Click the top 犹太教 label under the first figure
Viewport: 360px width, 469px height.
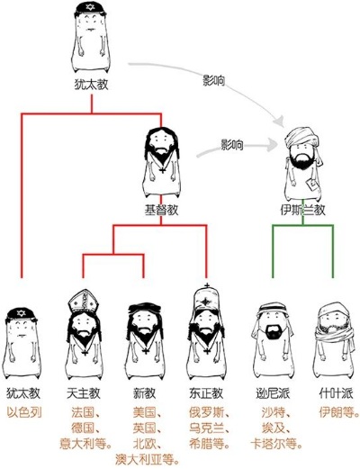pyautogui.click(x=91, y=85)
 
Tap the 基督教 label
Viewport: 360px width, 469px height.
pyautogui.click(x=161, y=210)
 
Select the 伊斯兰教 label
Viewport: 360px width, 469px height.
pyautogui.click(x=302, y=210)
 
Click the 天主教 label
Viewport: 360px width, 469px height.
pyautogui.click(x=84, y=393)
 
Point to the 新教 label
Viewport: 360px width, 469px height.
pyautogui.click(x=145, y=393)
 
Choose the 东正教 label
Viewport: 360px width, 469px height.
pyautogui.click(x=206, y=393)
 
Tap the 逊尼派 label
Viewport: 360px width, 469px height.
pyautogui.click(x=273, y=393)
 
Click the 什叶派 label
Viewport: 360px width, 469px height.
pyautogui.click(x=336, y=393)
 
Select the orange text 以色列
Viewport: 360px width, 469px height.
pyautogui.click(x=24, y=412)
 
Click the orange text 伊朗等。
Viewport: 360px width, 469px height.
pyautogui.click(x=339, y=412)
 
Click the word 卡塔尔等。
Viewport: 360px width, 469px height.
pyautogui.click(x=276, y=444)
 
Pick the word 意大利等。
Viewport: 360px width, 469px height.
pyautogui.click(x=85, y=444)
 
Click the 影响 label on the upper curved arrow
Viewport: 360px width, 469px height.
pyautogui.click(x=213, y=81)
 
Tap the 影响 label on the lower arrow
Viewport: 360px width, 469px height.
pyautogui.click(x=232, y=145)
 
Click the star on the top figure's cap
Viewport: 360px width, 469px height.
pyautogui.click(x=90, y=7)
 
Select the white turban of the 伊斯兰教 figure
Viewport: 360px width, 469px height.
pyautogui.click(x=301, y=138)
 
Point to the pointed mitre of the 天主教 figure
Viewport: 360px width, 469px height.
pyautogui.click(x=84, y=301)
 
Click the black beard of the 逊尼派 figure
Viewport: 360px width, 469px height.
pyautogui.click(x=273, y=332)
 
